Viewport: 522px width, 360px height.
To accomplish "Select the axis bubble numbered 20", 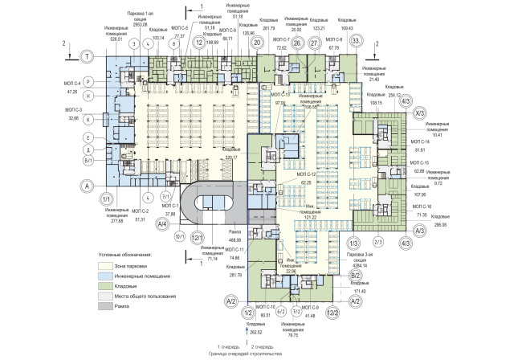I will (x=258, y=45).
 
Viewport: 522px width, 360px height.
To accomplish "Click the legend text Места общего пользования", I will (x=143, y=296).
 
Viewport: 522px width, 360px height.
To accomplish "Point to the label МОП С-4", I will (x=73, y=81).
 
